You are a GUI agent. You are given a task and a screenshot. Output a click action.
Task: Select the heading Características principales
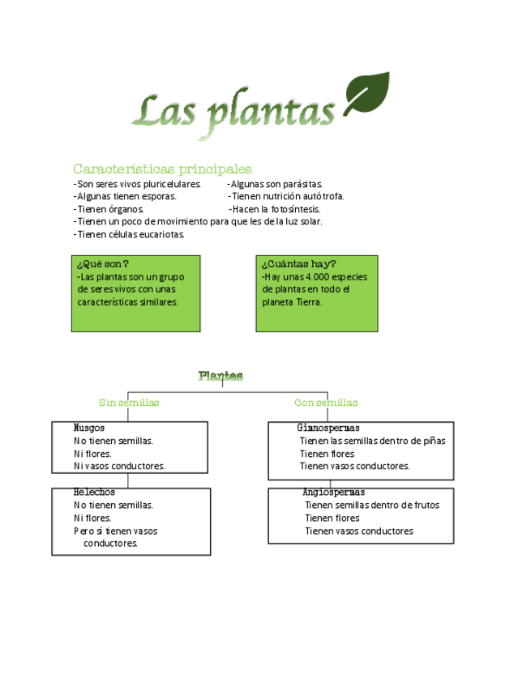click(162, 169)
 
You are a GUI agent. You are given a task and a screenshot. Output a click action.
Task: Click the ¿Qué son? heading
click(102, 264)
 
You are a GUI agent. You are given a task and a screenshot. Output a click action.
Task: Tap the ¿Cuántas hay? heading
click(298, 264)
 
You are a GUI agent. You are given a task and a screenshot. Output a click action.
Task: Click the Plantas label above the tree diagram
click(221, 376)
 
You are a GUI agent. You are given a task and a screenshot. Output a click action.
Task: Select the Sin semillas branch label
click(129, 403)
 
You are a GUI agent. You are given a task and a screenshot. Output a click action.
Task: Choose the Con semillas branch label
click(326, 403)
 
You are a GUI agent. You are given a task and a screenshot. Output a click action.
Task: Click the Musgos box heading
click(89, 428)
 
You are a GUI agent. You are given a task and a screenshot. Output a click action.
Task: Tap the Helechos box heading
click(94, 492)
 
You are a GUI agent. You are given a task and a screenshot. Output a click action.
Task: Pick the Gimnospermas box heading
click(328, 428)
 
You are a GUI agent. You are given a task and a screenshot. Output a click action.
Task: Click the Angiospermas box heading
click(333, 492)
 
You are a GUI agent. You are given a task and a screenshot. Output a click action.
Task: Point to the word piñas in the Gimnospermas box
click(433, 441)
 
